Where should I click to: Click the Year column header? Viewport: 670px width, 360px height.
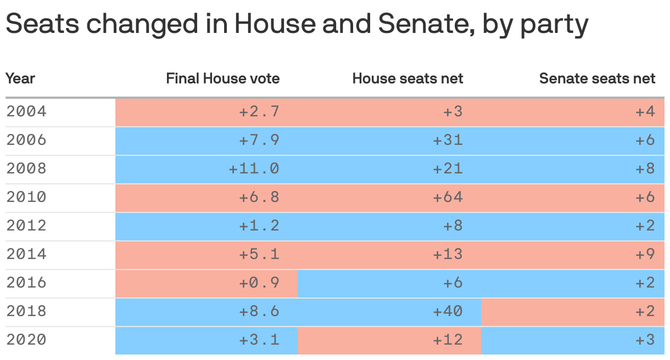pos(20,78)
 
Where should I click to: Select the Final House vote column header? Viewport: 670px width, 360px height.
pos(222,78)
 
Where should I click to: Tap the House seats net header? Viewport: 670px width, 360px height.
pos(407,78)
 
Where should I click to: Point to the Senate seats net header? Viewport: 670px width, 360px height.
pos(597,78)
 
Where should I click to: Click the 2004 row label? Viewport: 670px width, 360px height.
pos(26,112)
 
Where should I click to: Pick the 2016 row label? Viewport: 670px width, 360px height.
pos(26,283)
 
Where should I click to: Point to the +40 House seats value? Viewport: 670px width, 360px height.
pos(448,312)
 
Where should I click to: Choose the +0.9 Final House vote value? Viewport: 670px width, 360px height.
pos(259,283)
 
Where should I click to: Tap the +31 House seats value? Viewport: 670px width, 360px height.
pos(448,140)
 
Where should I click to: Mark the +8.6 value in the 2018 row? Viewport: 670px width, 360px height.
pos(259,312)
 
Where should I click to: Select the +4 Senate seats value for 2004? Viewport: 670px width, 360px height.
pos(645,112)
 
